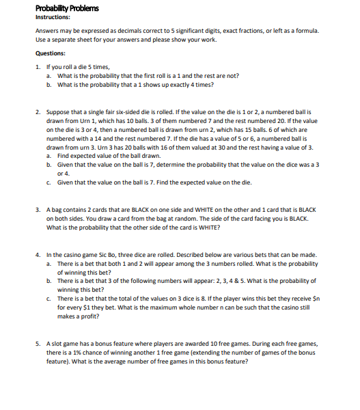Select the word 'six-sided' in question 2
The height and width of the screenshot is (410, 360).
coord(130,110)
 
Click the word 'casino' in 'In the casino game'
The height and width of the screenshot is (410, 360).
coord(77,254)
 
